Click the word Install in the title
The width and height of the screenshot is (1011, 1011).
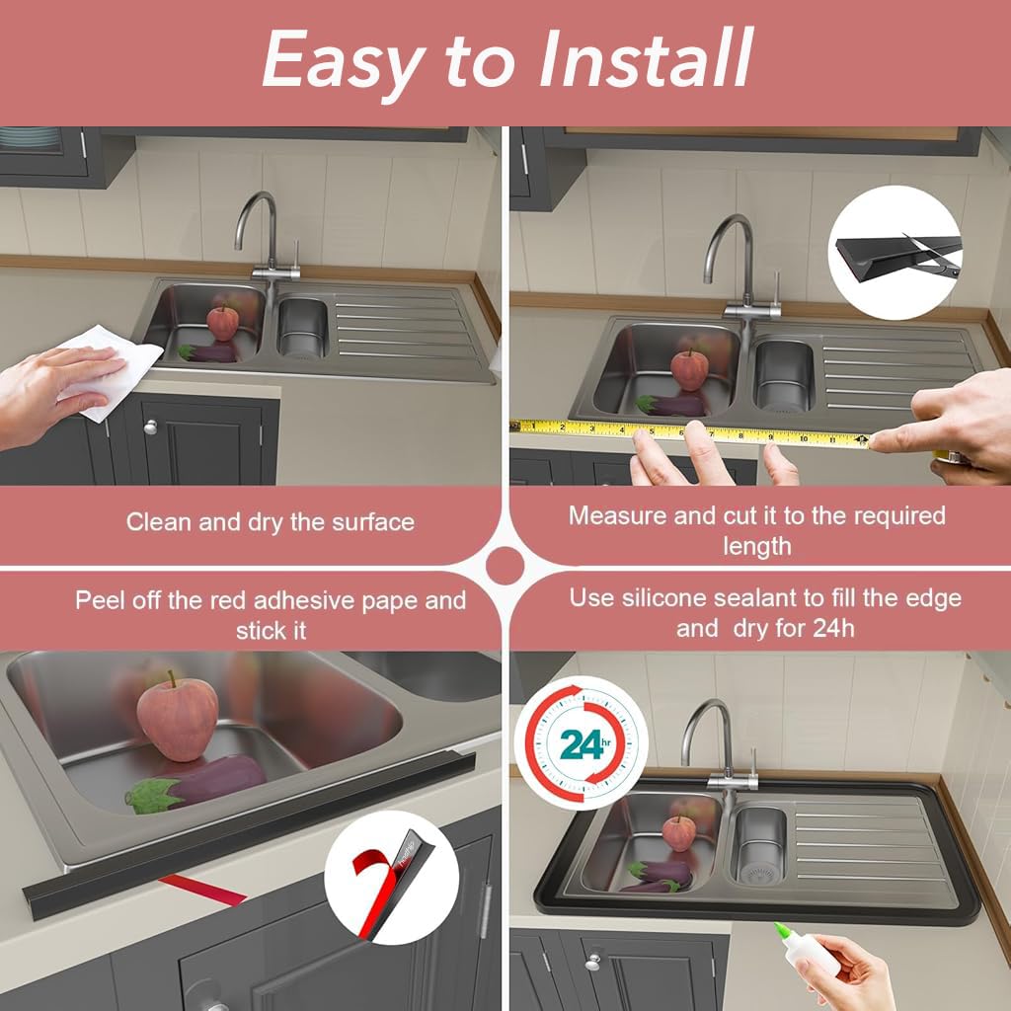[x=646, y=58]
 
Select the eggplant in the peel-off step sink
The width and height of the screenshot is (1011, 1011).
[x=195, y=783]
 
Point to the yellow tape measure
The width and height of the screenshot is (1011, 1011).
[x=690, y=432]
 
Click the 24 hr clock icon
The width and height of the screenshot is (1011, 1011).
[x=582, y=742]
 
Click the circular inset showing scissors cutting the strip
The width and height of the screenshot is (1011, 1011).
[x=894, y=252]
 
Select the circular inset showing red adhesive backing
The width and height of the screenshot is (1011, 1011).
[x=391, y=877]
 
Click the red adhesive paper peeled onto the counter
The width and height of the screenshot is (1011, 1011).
[x=202, y=890]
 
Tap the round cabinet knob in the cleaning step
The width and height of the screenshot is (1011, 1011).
[x=150, y=427]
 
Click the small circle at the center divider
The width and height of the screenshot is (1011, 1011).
[x=505, y=566]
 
